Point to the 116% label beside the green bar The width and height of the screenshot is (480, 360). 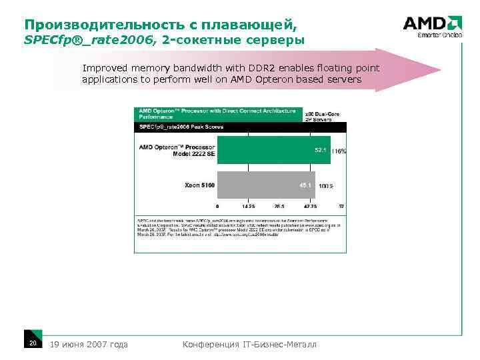click(339, 151)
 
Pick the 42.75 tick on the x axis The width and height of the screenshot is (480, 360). click(311, 207)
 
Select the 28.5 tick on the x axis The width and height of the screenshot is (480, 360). click(279, 207)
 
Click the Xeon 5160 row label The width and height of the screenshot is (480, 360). click(199, 185)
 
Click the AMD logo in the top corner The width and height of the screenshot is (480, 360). click(432, 24)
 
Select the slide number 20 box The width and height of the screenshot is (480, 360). click(32, 343)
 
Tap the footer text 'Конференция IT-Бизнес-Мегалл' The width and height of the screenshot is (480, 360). click(249, 344)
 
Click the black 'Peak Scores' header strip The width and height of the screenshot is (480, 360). click(241, 126)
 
